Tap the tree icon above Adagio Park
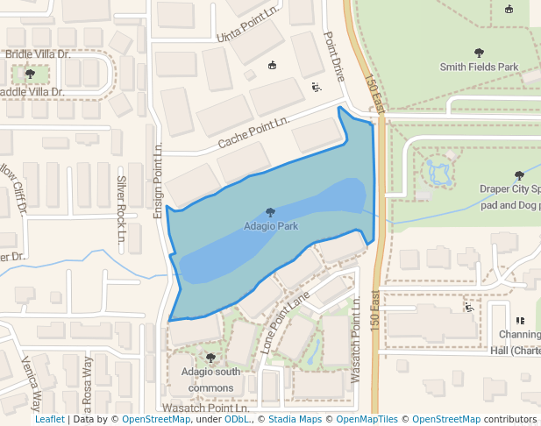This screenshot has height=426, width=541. pos(270,212)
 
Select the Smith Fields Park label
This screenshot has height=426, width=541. pos(479,67)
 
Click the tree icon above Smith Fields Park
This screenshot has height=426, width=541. pos(479,53)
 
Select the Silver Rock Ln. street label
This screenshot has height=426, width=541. pos(122,208)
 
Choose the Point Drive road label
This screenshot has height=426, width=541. pos(331,54)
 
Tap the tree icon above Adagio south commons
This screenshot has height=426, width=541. pos(210,358)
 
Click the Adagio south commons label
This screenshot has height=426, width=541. pos(210,379)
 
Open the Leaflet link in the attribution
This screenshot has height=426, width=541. pos(49,420)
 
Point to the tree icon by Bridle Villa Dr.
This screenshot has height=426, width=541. pos(31,74)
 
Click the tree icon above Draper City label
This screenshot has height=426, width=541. pos(520,175)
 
